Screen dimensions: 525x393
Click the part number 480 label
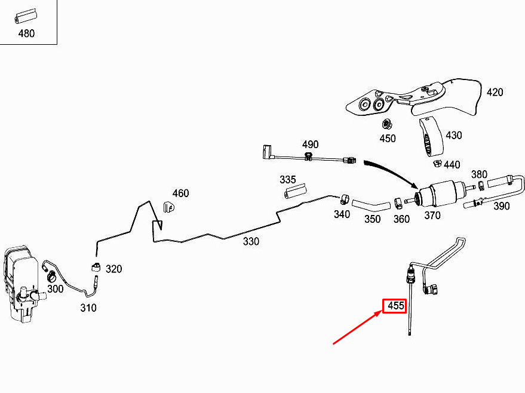coord(26,33)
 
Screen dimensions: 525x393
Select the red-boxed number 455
coord(394,306)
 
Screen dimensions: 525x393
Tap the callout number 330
coord(251,241)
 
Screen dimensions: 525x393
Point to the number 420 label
coord(495,92)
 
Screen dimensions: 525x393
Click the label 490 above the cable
coord(310,145)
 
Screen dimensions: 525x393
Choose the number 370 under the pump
coord(432,215)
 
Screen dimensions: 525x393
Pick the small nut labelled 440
coord(437,164)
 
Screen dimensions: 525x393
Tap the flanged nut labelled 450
coord(387,125)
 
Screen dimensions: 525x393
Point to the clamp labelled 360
coord(398,202)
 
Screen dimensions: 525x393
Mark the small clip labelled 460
coord(169,207)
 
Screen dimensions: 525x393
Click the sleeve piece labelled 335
coord(295,191)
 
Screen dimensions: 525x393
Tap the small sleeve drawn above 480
coord(26,17)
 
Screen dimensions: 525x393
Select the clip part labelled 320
coord(96,267)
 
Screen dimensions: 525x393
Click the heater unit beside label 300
coord(22,284)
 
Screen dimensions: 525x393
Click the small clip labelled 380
coord(480,185)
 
